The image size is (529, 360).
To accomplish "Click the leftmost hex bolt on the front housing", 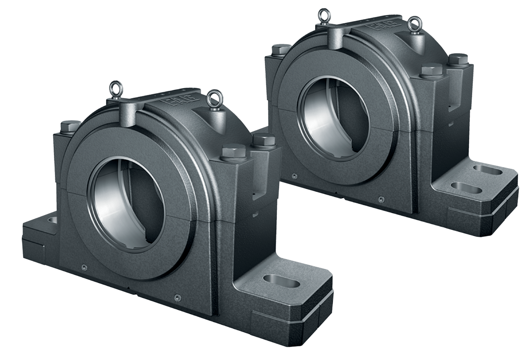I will [x=70, y=127].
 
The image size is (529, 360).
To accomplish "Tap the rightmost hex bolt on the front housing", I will [x=263, y=140].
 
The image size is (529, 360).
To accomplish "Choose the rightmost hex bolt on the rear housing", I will [x=458, y=59].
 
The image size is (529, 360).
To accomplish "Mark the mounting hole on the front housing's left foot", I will [x=52, y=219].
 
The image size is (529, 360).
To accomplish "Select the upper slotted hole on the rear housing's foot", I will [x=488, y=169].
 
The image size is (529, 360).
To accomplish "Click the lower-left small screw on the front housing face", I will [x=83, y=266].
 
